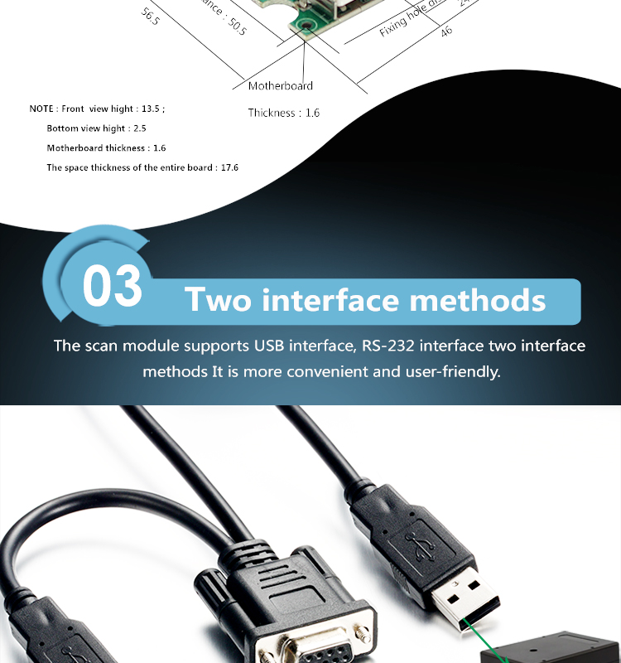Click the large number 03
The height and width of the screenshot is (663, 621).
click(x=113, y=286)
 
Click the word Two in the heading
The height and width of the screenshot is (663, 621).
click(x=218, y=299)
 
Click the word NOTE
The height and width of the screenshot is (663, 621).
click(x=41, y=109)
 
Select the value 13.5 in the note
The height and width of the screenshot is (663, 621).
click(x=152, y=109)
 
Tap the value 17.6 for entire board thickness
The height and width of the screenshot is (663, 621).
click(x=229, y=167)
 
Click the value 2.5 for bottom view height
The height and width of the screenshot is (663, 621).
click(x=139, y=128)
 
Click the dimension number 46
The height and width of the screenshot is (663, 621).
click(x=446, y=31)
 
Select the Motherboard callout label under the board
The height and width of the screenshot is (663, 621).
click(x=281, y=85)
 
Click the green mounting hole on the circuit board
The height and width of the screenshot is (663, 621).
click(x=307, y=27)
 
